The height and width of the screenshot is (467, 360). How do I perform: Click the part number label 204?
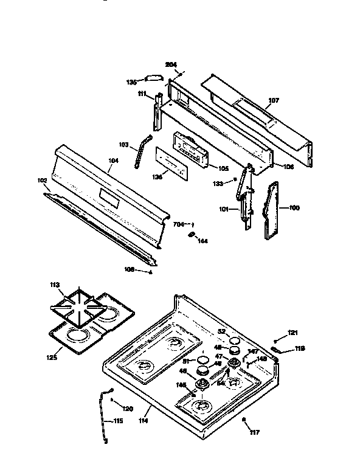click(x=171, y=64)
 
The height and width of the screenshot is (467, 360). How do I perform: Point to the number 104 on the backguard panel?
click(x=113, y=162)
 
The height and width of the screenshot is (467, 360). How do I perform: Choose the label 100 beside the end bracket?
click(x=294, y=208)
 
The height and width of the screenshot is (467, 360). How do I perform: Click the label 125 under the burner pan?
click(x=51, y=358)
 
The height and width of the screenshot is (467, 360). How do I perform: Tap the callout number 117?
click(x=254, y=432)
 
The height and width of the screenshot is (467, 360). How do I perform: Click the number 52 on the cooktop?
click(x=221, y=331)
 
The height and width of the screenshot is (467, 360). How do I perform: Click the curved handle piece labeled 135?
click(x=152, y=77)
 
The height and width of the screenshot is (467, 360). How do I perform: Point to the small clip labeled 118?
click(x=279, y=350)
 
